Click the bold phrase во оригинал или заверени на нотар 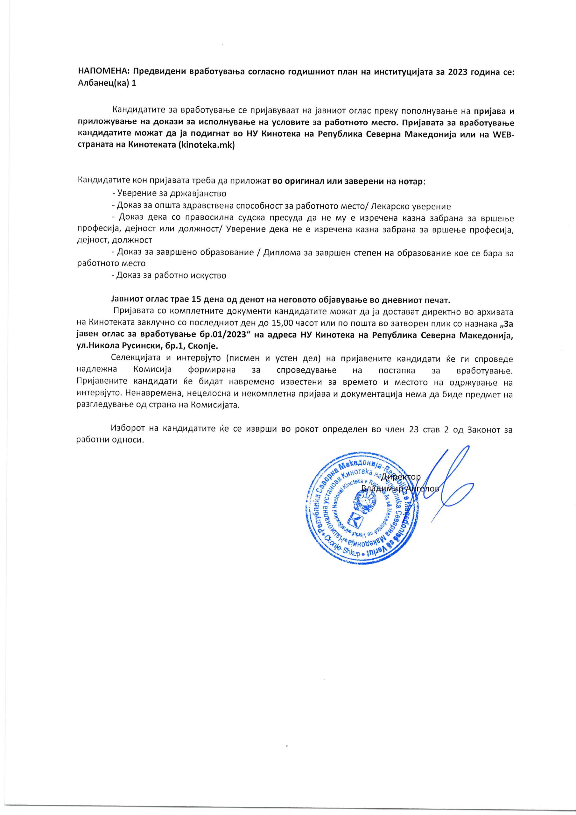348,182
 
